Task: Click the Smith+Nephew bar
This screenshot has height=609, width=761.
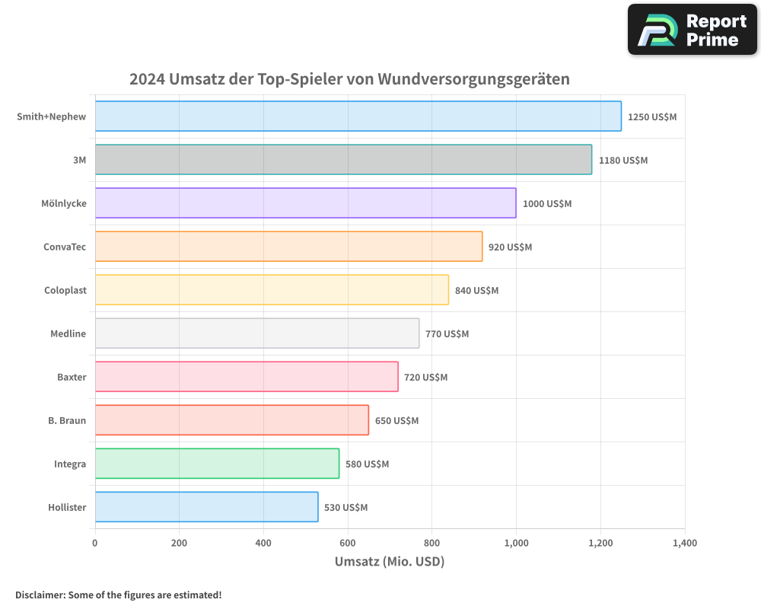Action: (x=358, y=116)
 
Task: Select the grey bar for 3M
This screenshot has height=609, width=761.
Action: (x=343, y=160)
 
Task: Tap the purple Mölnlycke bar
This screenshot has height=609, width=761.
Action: (x=305, y=203)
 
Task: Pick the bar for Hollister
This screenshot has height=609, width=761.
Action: (x=206, y=507)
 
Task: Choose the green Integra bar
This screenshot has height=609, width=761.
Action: (x=217, y=464)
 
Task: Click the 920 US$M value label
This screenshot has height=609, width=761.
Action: (x=510, y=247)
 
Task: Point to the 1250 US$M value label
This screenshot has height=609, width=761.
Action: (x=651, y=116)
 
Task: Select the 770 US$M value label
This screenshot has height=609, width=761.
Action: (x=447, y=333)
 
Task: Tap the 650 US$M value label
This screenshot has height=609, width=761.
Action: (x=396, y=420)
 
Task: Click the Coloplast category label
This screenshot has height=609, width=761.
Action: (x=65, y=290)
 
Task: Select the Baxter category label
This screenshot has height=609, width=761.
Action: (x=72, y=377)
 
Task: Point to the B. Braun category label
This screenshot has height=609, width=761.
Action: (x=67, y=420)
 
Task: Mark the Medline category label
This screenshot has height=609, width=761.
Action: (x=68, y=333)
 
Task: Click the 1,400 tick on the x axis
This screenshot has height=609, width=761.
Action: (x=684, y=543)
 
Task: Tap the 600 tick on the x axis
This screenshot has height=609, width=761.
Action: (x=348, y=543)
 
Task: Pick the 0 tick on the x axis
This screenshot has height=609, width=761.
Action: (x=95, y=543)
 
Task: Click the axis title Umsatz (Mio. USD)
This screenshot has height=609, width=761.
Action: (x=390, y=562)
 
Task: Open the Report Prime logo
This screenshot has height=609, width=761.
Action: (x=692, y=30)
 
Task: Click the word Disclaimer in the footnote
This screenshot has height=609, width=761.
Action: (x=40, y=595)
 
